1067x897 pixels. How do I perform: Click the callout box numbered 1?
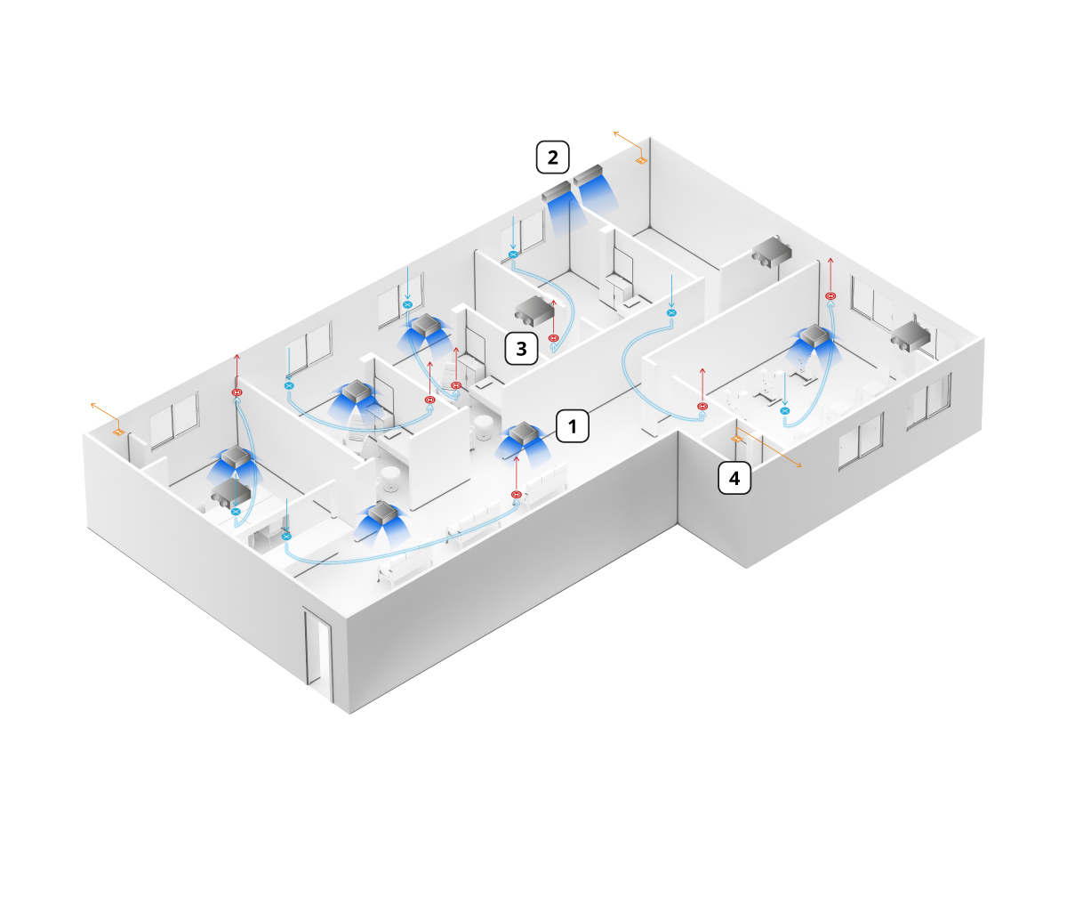[572, 425]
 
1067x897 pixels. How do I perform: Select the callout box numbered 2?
[552, 157]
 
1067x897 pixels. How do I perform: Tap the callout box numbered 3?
[521, 348]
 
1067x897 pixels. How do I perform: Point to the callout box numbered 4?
[734, 478]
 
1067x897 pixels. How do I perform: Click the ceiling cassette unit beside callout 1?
[524, 433]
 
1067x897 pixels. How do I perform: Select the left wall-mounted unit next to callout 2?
[557, 190]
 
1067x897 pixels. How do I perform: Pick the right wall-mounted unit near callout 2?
[588, 174]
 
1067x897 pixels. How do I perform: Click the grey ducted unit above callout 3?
[534, 310]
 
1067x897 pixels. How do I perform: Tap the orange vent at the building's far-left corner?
[119, 432]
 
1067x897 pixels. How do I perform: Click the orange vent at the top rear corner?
[641, 160]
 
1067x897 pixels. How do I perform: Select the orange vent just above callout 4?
[736, 439]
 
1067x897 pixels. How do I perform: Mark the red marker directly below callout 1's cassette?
[516, 495]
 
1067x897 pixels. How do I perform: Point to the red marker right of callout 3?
[553, 338]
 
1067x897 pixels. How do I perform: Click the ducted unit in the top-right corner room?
[772, 251]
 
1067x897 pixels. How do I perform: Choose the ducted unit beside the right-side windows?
[911, 336]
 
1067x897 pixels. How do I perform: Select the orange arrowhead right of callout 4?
[798, 465]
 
